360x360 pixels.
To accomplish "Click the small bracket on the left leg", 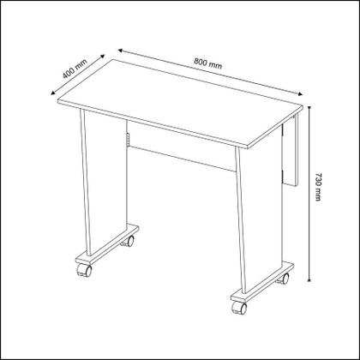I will click(126, 140).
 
